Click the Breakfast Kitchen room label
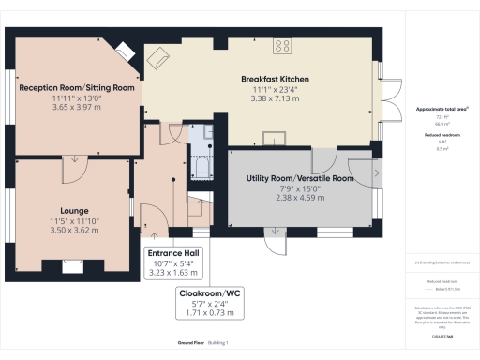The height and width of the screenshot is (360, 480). point(275,79)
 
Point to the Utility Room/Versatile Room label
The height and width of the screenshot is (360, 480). point(299,177)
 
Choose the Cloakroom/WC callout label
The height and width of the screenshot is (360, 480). point(210,293)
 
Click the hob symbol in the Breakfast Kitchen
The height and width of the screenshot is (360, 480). point(284,46)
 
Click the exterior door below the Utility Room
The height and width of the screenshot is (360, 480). point(277,242)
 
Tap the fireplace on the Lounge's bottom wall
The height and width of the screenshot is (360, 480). point(73,265)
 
